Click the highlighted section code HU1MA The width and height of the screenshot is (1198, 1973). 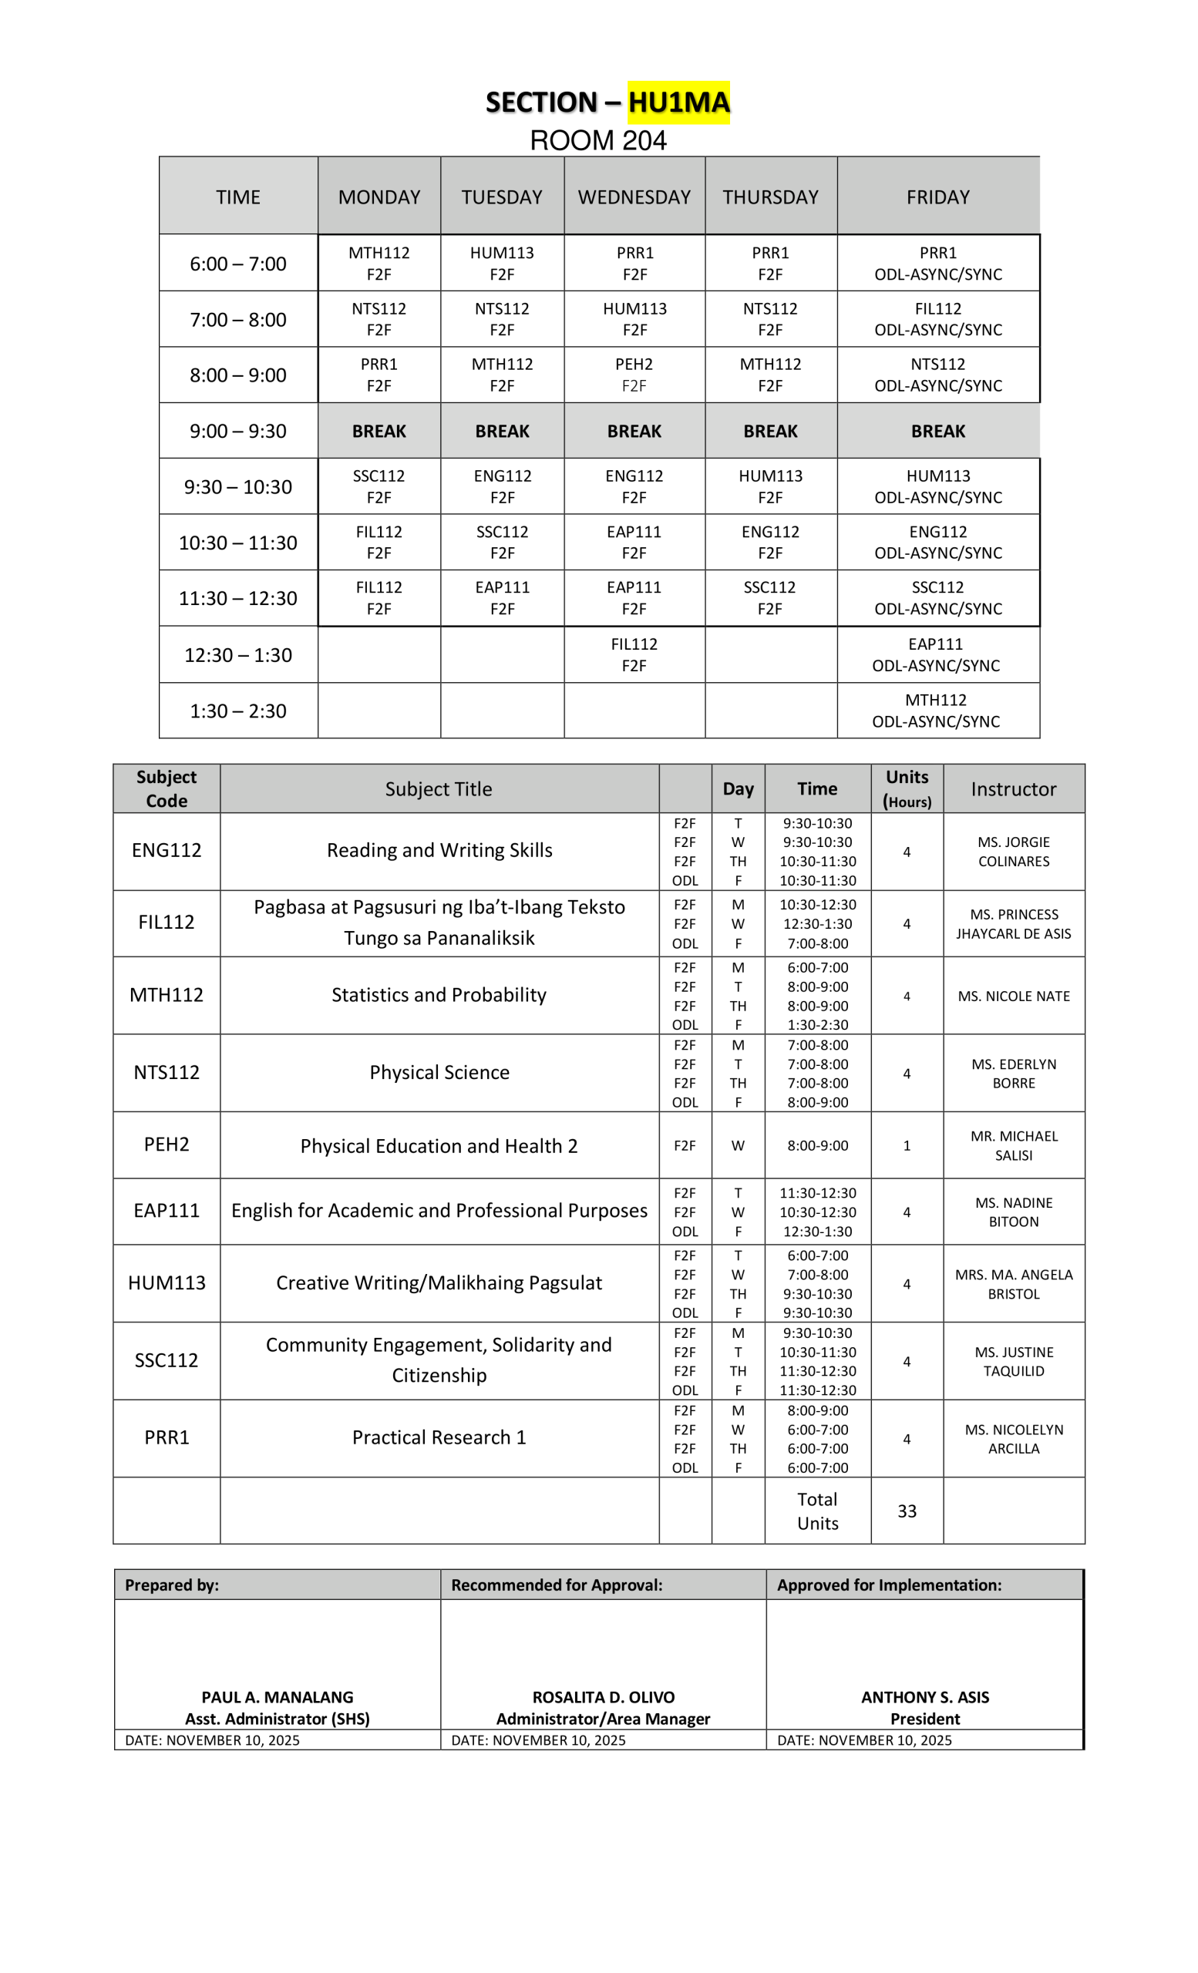(678, 103)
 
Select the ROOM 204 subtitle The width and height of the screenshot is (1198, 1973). (597, 141)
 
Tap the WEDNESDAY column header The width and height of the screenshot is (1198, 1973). (634, 197)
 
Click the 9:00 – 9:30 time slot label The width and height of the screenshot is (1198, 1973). (238, 431)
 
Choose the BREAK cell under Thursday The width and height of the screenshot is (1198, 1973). (769, 431)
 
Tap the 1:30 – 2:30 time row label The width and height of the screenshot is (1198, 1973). (238, 711)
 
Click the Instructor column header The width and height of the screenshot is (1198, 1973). (1013, 788)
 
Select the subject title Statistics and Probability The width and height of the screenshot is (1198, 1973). (439, 994)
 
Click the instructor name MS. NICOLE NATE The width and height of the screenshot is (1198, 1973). (1013, 996)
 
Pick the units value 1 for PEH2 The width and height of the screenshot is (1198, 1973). (907, 1146)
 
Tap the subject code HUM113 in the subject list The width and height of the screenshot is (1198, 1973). (167, 1282)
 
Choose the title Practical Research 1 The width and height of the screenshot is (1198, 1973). (439, 1437)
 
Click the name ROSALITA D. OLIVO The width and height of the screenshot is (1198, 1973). (603, 1697)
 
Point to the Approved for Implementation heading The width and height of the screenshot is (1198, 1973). (889, 1585)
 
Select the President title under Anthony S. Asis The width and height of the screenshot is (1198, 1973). (924, 1719)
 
